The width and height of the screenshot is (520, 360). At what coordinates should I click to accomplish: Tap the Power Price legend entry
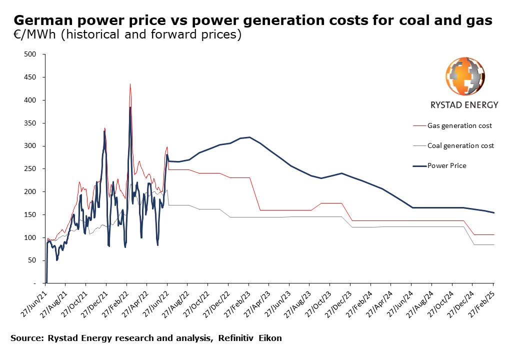point(446,165)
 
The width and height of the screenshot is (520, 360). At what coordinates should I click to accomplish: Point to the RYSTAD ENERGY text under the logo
point(464,105)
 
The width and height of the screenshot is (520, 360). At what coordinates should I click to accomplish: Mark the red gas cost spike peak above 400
point(130,84)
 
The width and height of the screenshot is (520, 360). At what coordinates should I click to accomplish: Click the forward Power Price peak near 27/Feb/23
point(249,137)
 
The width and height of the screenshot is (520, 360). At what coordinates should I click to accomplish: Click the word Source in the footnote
point(26,338)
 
